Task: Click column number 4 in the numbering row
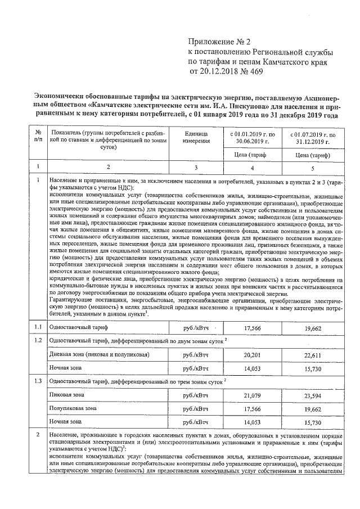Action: (x=252, y=167)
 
